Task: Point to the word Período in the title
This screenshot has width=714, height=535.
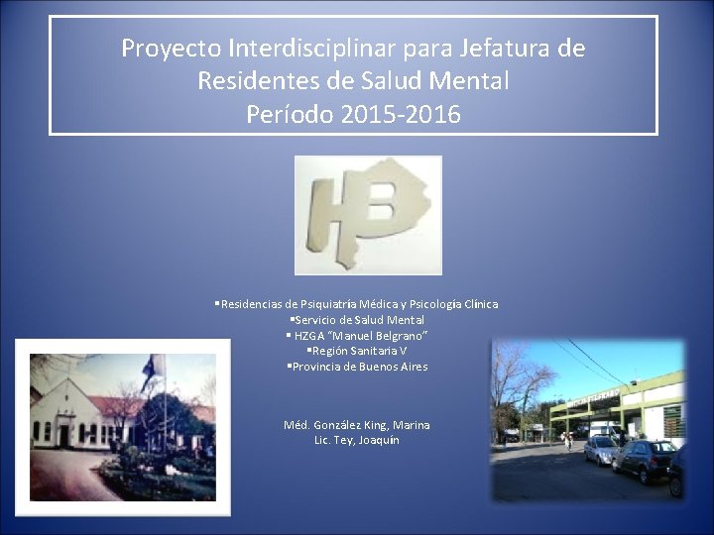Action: [x=290, y=114]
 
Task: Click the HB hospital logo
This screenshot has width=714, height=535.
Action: [x=368, y=215]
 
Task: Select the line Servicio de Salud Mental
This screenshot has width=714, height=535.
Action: [x=359, y=320]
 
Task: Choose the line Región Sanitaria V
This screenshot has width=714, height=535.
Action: [x=359, y=351]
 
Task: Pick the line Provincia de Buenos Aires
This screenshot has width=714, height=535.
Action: [x=359, y=367]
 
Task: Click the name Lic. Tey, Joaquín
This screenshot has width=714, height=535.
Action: [x=357, y=440]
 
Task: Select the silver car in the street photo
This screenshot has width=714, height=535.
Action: [x=602, y=451]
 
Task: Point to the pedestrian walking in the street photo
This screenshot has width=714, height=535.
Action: [x=568, y=440]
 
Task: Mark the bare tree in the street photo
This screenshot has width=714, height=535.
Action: [x=520, y=386]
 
